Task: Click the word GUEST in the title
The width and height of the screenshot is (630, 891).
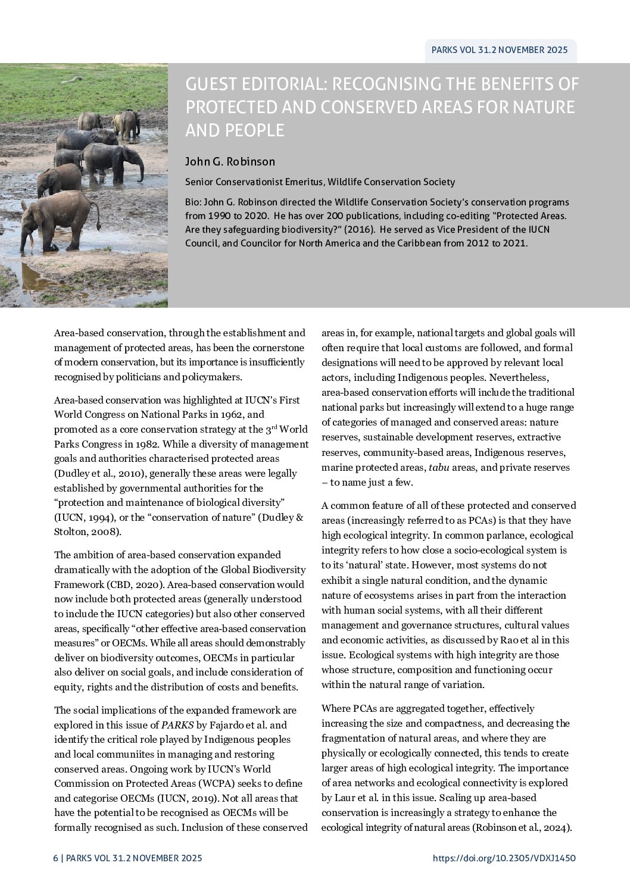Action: pos(211,85)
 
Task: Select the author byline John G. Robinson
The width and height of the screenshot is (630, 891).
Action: pos(230,161)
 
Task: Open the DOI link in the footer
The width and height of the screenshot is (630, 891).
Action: pos(504,858)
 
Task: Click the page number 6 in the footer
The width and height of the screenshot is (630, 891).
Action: pos(55,858)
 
